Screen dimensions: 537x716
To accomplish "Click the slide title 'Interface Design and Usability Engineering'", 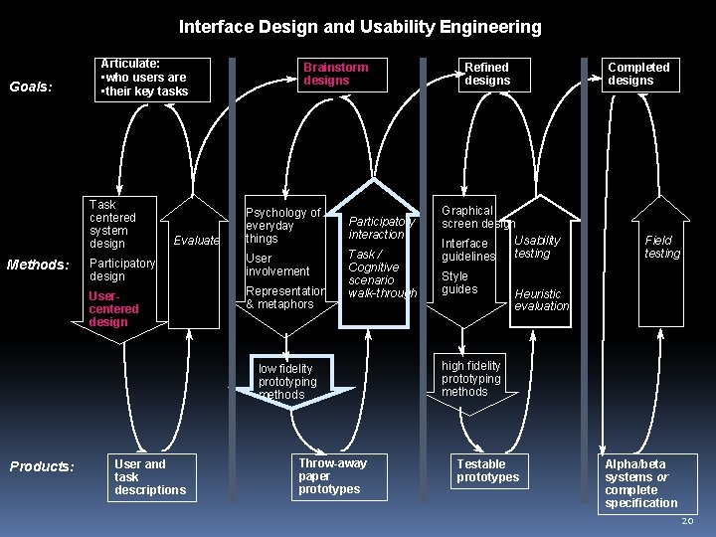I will click(x=360, y=27).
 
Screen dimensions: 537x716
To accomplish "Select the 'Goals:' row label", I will click(x=30, y=87).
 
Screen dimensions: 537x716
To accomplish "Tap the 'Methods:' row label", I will click(x=37, y=265).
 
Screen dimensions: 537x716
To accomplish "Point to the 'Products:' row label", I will click(x=42, y=466).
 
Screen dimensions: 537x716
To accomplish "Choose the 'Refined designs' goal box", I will click(x=487, y=74).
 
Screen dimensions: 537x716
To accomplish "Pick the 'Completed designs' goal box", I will click(x=638, y=74).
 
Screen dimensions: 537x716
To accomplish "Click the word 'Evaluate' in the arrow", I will click(x=196, y=241).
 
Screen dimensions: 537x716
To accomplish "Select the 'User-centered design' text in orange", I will click(x=113, y=309).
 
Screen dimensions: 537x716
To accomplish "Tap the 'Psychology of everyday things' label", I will click(x=282, y=225).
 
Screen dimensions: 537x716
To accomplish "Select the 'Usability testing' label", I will click(x=537, y=247).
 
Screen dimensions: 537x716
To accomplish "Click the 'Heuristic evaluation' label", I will click(x=541, y=300).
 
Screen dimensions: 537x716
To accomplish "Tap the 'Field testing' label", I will click(x=661, y=247).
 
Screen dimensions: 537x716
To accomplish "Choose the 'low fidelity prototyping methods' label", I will click(x=287, y=382).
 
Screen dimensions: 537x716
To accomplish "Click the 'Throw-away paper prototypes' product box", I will click(x=332, y=476).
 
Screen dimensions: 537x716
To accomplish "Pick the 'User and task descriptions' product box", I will click(x=150, y=476).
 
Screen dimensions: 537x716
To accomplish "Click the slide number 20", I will click(x=688, y=522).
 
